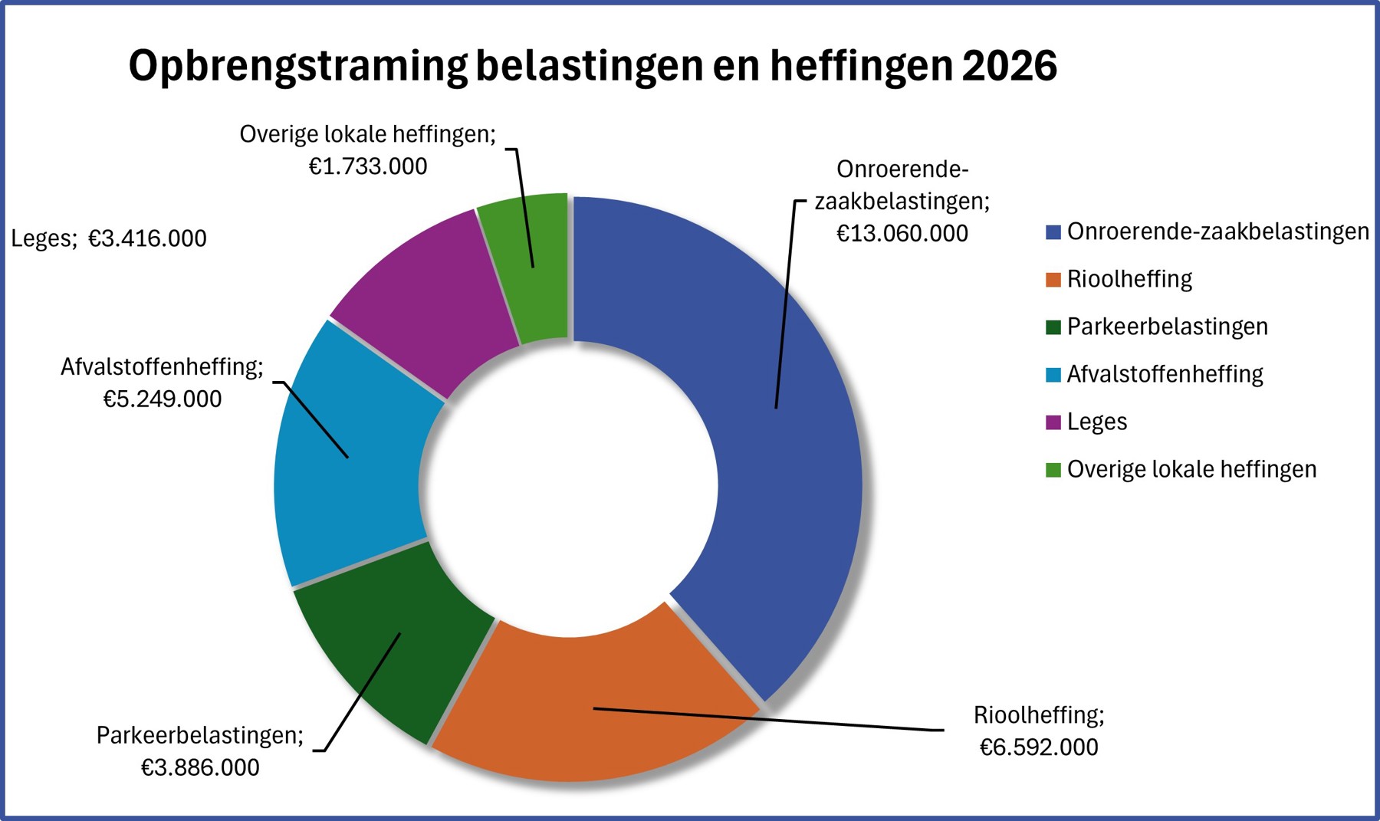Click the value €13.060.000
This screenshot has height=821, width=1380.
click(x=902, y=233)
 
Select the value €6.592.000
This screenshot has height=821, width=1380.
click(x=1039, y=747)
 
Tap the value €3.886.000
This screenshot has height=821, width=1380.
click(x=200, y=767)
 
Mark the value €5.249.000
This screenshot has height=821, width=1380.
click(x=163, y=399)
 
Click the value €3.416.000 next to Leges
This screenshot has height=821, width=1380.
click(x=147, y=238)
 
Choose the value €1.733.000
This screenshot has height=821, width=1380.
click(x=368, y=166)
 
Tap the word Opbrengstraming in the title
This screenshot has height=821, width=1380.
click(x=297, y=66)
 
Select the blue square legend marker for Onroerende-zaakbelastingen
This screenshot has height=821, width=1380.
click(x=1053, y=232)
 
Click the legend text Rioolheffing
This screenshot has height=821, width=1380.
click(x=1129, y=279)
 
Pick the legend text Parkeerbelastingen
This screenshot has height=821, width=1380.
click(x=1167, y=327)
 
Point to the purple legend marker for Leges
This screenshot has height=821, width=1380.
click(x=1053, y=422)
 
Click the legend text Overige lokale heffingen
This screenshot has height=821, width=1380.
click(x=1191, y=469)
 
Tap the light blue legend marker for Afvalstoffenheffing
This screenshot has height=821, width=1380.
click(x=1053, y=375)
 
